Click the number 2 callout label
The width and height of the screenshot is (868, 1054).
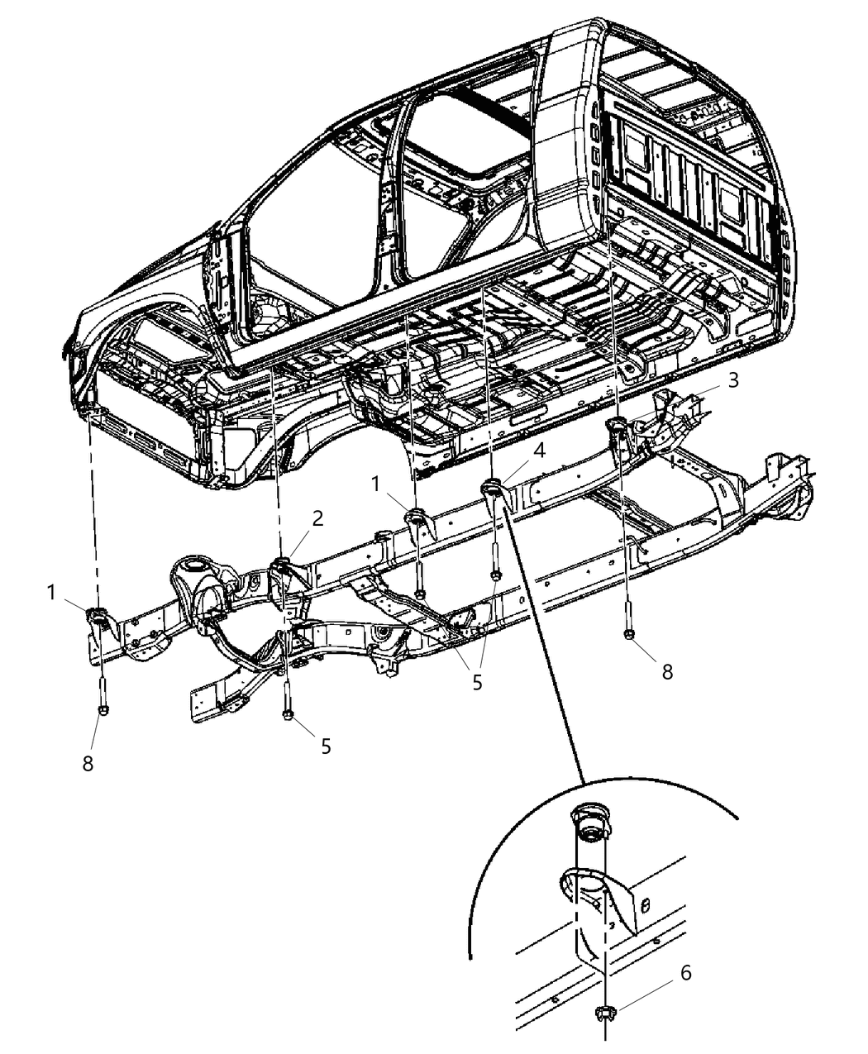click(317, 518)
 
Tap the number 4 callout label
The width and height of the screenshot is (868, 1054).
click(538, 451)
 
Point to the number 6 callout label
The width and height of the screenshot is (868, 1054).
click(685, 973)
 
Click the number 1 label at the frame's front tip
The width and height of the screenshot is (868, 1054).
click(52, 593)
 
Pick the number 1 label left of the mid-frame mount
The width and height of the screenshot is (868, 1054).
click(377, 484)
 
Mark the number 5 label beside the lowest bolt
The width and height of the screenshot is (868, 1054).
click(326, 746)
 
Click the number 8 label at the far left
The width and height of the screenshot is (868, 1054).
click(88, 764)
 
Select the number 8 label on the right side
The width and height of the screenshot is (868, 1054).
click(666, 670)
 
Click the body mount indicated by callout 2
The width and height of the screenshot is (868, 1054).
click(281, 566)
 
